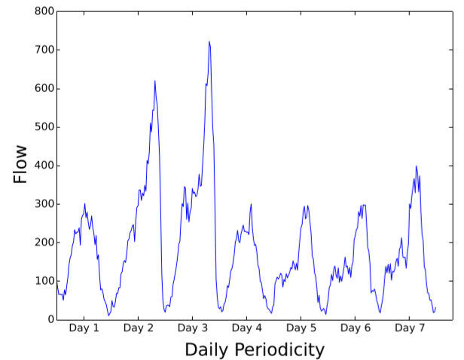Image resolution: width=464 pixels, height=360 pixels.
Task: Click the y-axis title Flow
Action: [20, 164]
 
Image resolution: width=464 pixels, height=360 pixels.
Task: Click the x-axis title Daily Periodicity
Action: [255, 349]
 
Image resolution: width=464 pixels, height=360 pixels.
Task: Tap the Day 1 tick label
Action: [84, 329]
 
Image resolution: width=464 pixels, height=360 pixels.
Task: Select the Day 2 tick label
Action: [138, 329]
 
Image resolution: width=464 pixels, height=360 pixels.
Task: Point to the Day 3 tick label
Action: [192, 329]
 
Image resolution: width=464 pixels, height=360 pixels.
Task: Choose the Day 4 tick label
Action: [246, 329]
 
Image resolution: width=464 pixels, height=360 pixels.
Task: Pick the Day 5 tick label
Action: [301, 329]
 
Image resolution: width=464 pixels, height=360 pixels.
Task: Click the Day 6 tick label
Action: [355, 329]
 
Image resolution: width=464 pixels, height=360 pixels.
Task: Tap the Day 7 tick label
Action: [409, 329]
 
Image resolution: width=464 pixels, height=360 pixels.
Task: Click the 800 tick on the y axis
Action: [43, 11]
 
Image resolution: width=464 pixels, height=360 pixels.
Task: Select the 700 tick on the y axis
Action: [43, 50]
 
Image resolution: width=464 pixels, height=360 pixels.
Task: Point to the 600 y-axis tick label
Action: [43, 89]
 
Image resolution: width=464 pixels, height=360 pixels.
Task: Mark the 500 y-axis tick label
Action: [43, 127]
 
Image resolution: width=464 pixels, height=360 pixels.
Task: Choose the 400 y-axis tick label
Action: [43, 166]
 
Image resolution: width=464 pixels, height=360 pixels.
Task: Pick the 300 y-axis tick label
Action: [43, 204]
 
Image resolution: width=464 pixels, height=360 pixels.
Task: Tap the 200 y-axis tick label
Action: [43, 243]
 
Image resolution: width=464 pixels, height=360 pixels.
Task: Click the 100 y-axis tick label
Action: [43, 281]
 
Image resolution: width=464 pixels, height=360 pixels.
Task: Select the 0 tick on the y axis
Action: [49, 319]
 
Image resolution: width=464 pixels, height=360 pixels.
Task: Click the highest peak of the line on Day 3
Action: [209, 42]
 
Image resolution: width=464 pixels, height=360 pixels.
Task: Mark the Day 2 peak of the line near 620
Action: [154, 81]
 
